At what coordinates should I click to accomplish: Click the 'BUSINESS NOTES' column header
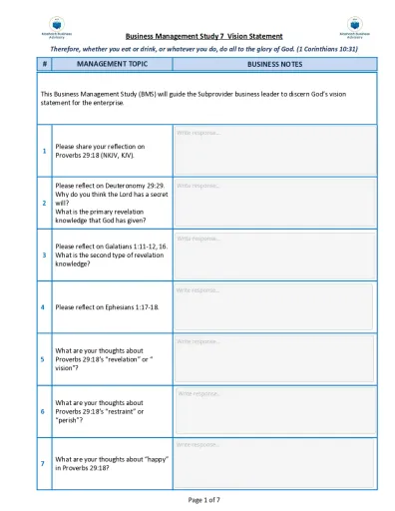point(276,64)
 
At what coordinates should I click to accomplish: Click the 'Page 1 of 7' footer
point(197,498)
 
